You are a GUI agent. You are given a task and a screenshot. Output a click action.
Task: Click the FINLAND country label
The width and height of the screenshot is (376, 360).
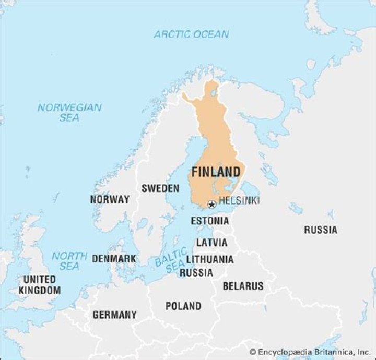(x=216, y=172)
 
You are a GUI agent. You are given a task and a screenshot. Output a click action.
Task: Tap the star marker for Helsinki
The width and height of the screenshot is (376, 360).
(x=211, y=204)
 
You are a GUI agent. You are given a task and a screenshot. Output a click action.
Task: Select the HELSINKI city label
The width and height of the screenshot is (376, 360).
(x=239, y=200)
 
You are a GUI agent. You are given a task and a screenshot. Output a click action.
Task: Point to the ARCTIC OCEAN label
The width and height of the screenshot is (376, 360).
(x=191, y=34)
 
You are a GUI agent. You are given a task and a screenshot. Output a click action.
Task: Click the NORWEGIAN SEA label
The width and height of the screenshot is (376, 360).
(x=69, y=113)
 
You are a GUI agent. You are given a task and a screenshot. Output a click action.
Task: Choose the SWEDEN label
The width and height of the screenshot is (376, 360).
(x=160, y=188)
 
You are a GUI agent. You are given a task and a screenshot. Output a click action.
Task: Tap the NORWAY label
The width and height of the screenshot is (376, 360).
(x=110, y=199)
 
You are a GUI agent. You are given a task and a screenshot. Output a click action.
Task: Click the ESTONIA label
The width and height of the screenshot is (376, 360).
(x=209, y=221)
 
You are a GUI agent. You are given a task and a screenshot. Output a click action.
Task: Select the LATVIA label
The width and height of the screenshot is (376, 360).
(x=211, y=243)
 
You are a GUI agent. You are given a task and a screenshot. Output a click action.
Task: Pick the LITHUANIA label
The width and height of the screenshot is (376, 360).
(x=210, y=259)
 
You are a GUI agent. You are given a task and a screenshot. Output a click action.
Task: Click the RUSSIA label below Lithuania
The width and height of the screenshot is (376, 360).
(x=196, y=272)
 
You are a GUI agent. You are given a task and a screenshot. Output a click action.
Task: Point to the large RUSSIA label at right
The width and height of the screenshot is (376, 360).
(x=321, y=230)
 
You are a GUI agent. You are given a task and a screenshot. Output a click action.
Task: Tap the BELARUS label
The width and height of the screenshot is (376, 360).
(x=243, y=286)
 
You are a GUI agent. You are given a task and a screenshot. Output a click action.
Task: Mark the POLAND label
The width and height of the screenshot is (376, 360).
(x=183, y=306)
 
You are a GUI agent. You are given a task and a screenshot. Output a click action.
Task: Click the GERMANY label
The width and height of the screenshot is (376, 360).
(x=114, y=315)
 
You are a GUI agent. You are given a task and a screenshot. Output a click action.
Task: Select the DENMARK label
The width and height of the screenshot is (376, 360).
(x=114, y=259)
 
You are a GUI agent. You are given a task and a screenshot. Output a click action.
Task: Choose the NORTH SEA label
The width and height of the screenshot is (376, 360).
(x=69, y=261)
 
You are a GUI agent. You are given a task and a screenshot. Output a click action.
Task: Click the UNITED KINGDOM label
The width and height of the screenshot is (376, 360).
(x=39, y=285)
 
